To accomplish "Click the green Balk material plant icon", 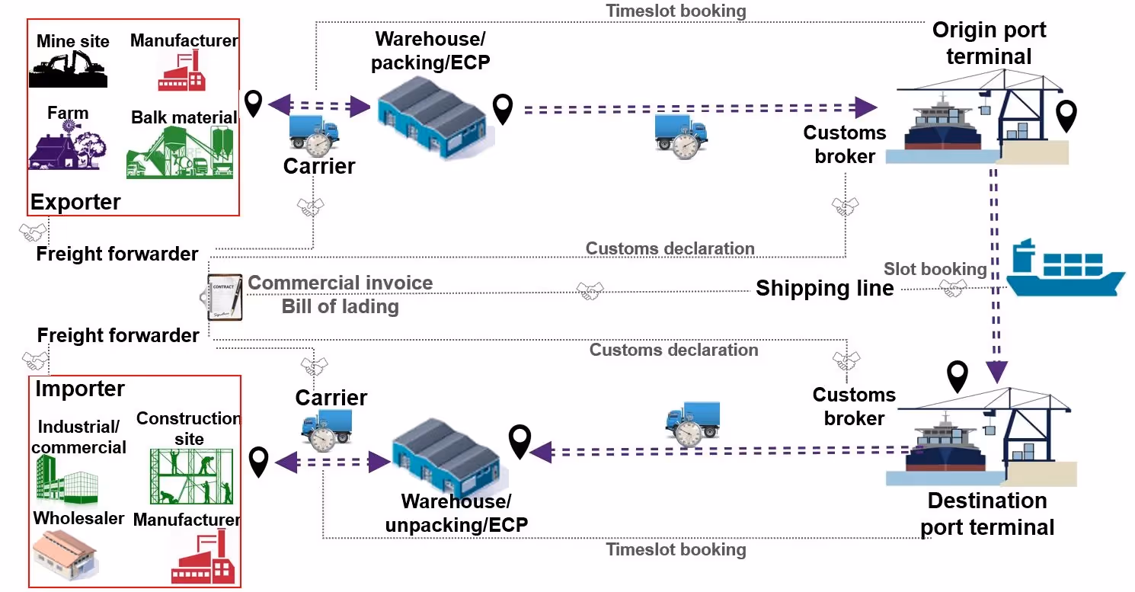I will pos(180,152).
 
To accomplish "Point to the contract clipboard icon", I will pos(225,297).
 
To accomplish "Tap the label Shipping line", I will pos(824,289).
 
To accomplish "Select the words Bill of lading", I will pos(340,306).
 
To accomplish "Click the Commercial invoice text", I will pos(340,283).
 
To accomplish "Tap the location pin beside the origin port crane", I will pos(1066,116).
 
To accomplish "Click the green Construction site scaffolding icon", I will pos(191,476).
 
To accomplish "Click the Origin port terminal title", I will pos(989,43).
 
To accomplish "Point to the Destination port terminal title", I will pos(987,514).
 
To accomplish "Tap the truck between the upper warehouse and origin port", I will pos(682,136).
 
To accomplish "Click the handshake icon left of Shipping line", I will pos(590,290).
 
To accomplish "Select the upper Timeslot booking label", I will pos(676,11).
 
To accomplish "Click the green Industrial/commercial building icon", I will pos(66,480).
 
